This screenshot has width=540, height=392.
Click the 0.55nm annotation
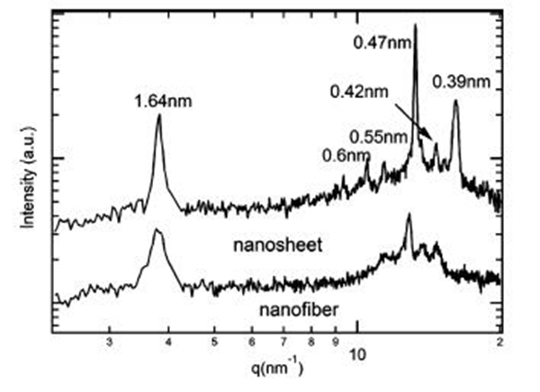(378, 137)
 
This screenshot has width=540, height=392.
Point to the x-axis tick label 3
(109, 343)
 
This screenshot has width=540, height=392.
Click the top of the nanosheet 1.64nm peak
(159, 114)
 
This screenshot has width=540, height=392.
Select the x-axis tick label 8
(311, 343)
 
